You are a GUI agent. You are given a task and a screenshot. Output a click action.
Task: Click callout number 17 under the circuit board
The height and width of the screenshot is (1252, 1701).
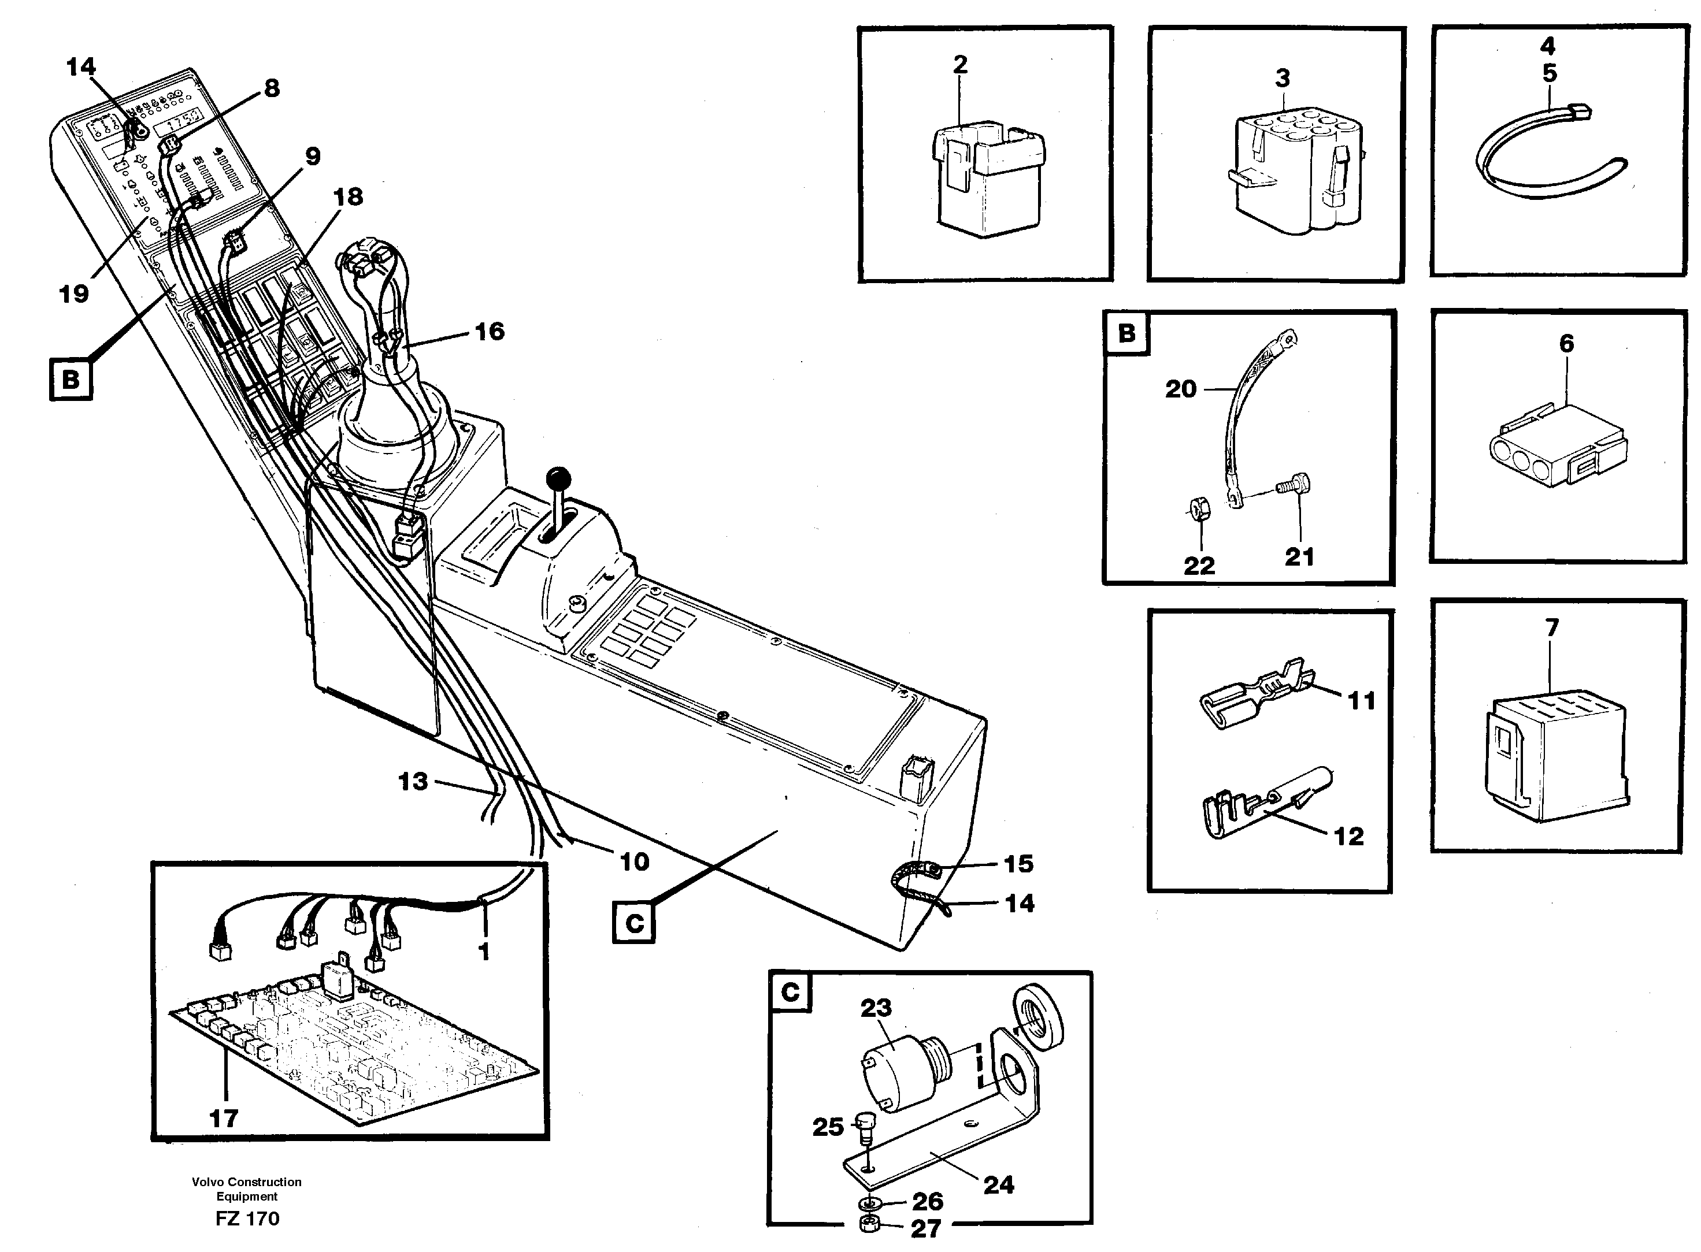click(223, 1118)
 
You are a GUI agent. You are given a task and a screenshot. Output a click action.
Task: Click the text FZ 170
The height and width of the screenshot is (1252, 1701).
click(247, 1218)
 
